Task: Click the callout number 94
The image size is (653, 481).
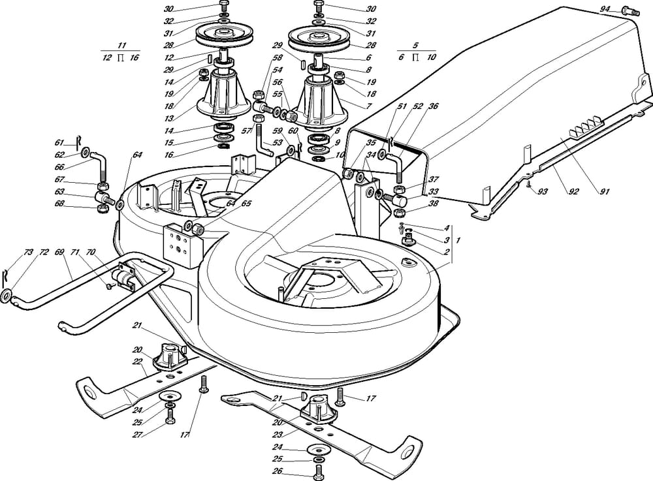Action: tap(605, 8)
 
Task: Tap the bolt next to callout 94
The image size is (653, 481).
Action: tap(629, 9)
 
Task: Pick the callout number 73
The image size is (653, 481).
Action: tap(27, 251)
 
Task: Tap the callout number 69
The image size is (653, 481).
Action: tap(59, 251)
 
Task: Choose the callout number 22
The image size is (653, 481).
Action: tap(138, 362)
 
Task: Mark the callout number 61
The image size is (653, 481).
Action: tap(59, 142)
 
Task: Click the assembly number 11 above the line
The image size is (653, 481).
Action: tap(121, 46)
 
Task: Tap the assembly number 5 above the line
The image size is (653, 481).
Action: tap(415, 46)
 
